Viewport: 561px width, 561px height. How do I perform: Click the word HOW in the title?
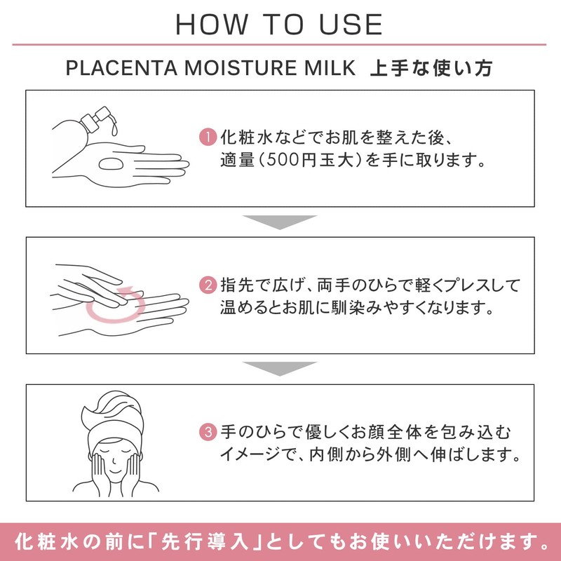coord(212,25)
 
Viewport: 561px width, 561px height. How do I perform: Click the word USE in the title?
coord(351,25)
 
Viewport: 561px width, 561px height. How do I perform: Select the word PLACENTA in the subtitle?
coord(121,68)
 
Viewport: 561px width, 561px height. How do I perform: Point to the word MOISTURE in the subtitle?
coord(241,68)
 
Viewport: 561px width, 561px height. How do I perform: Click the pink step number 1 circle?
coord(208,137)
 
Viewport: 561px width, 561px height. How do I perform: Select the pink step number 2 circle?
coord(208,285)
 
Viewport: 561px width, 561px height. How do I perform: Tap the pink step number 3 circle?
coord(208,432)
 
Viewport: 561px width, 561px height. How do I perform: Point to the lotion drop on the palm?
coord(111,164)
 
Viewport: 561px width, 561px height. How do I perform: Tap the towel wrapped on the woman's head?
coord(113,415)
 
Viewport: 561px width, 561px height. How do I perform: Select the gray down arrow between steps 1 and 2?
coord(280,222)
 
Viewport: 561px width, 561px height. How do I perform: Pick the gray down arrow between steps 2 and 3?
coord(280,369)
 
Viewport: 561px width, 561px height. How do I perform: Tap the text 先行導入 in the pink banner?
coord(204,541)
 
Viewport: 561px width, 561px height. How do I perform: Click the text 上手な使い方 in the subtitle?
coord(431,68)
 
